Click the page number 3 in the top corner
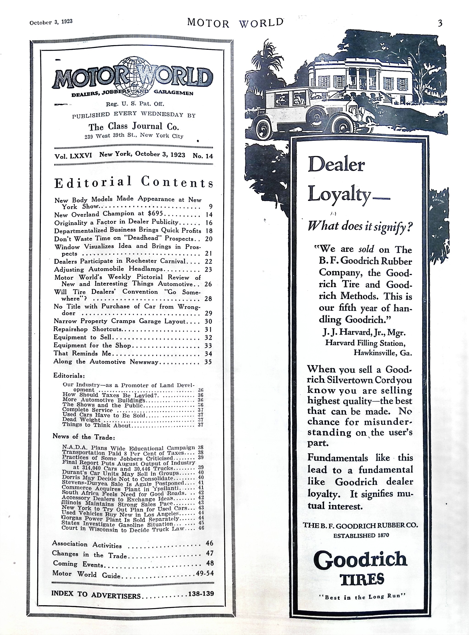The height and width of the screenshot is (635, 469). pos(440,23)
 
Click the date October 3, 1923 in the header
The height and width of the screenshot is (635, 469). pos(51,22)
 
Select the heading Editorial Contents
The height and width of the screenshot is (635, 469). pos(134,182)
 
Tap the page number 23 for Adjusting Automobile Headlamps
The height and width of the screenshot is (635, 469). pos(208,269)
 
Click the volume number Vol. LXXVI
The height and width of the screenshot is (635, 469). pos(73,156)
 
